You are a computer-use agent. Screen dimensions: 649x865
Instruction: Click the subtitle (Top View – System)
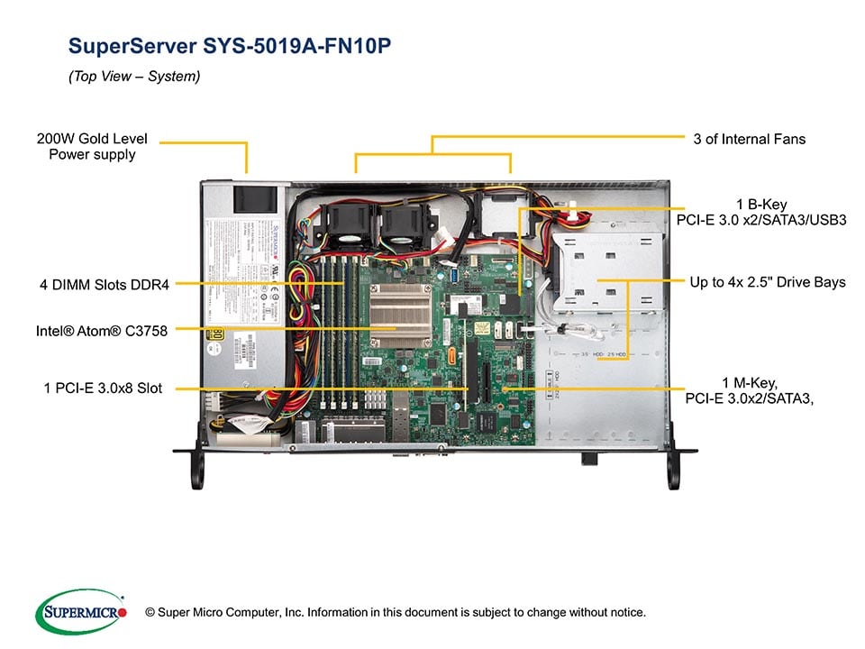coord(134,77)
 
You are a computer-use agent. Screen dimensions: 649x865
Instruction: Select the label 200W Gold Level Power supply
coord(92,147)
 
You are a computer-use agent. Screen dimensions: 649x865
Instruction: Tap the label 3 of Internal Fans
coord(750,139)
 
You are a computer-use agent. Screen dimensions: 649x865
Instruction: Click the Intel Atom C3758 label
coord(102,331)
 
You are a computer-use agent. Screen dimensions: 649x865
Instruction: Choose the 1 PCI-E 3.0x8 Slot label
coord(104,388)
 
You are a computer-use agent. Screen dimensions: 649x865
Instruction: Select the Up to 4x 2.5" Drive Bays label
coord(768,282)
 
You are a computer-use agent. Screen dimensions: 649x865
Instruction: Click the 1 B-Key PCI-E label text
coord(761,212)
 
